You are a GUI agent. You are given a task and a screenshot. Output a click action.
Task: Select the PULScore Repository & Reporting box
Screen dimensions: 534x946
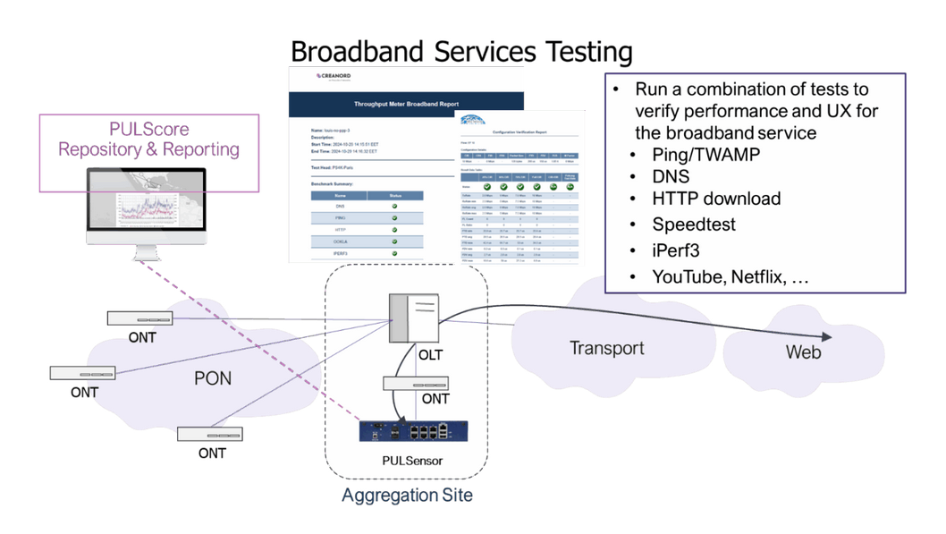[149, 138]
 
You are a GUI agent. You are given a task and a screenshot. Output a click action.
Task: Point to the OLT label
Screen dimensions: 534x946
[431, 355]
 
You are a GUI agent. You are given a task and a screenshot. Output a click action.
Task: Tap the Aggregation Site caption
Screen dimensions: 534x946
[407, 495]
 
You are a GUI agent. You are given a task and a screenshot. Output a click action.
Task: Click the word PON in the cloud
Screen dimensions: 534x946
[213, 378]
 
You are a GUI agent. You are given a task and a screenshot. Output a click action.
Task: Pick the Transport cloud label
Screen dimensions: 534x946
[607, 348]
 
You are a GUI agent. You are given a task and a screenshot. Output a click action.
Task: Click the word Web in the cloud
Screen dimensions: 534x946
[803, 352]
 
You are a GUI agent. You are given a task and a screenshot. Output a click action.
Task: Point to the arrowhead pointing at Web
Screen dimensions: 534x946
[826, 337]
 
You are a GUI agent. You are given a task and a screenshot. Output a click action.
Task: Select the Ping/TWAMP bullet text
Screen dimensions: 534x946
[706, 155]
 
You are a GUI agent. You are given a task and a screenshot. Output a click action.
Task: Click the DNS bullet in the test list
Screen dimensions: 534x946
[671, 176]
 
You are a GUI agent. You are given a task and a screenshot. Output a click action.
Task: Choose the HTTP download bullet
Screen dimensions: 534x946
[716, 199]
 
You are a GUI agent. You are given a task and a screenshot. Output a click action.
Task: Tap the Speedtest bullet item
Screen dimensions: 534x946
[694, 225]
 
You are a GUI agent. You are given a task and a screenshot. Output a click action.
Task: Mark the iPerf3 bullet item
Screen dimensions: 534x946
[676, 250]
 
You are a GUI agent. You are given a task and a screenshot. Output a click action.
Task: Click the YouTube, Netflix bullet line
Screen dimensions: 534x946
[730, 277]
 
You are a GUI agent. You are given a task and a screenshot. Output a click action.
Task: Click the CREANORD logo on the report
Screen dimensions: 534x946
[332, 76]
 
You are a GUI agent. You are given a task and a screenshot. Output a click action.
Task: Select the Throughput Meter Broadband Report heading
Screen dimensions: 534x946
[407, 105]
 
